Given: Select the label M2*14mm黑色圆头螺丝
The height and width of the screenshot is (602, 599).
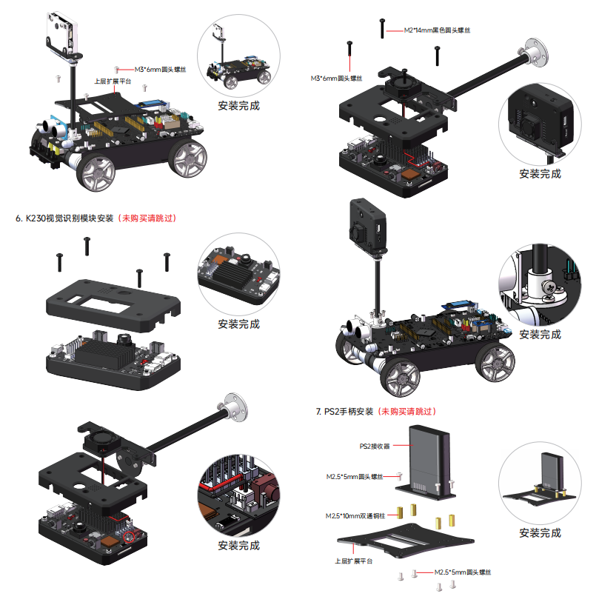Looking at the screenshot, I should [438, 30].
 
